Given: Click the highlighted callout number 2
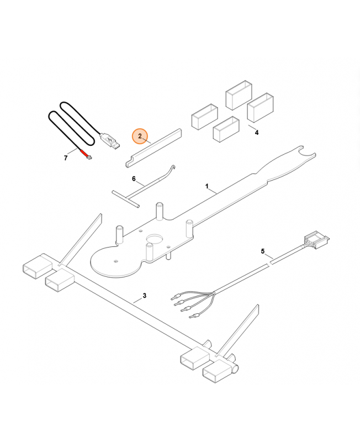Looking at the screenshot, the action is [x=140, y=136].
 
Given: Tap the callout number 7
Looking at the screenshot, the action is [x=66, y=158].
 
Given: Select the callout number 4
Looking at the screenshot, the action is [x=256, y=133].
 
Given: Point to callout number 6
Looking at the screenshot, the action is [x=134, y=178].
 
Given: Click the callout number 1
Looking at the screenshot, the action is [x=207, y=186].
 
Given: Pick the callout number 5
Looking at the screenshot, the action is [x=263, y=251].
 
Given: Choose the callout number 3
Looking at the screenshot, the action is [x=145, y=296].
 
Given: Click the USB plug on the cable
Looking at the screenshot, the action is [x=110, y=141].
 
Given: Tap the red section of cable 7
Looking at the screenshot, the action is [x=84, y=153].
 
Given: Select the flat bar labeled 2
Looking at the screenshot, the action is [x=153, y=149].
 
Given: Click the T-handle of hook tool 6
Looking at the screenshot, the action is [x=126, y=199].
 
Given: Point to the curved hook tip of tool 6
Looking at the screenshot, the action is [x=172, y=169].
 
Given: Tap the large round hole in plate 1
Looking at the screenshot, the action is [x=155, y=239].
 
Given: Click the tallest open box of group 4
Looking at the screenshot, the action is [x=239, y=95].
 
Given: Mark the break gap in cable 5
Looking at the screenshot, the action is [x=269, y=263].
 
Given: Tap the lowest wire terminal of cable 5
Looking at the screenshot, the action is [x=194, y=316].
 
